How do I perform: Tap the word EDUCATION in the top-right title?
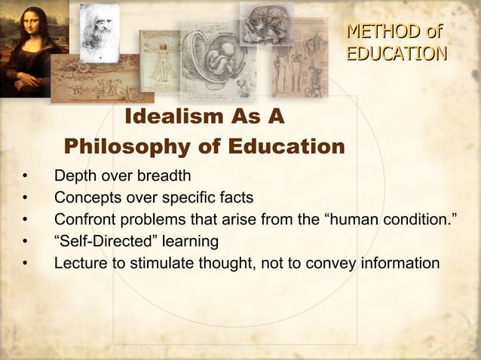pos(396,53)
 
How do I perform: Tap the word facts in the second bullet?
pos(235,198)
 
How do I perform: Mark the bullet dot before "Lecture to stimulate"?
pos(25,264)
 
